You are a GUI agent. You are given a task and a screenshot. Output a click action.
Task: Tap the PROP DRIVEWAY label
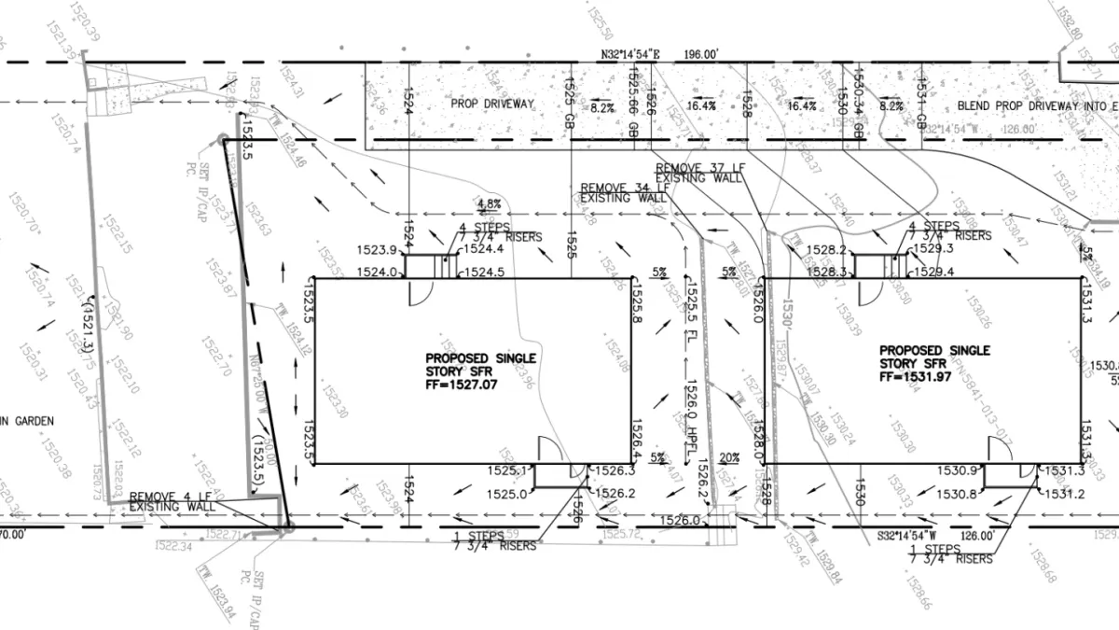tap(492, 105)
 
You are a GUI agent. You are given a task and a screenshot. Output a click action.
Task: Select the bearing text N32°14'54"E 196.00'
tap(660, 56)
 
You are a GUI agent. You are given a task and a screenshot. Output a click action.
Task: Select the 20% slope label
tap(729, 457)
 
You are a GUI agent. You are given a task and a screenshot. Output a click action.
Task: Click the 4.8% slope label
tap(489, 203)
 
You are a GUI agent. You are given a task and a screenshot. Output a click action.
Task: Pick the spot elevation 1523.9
tap(377, 249)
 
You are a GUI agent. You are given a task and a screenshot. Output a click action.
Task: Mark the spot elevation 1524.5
tap(484, 273)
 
